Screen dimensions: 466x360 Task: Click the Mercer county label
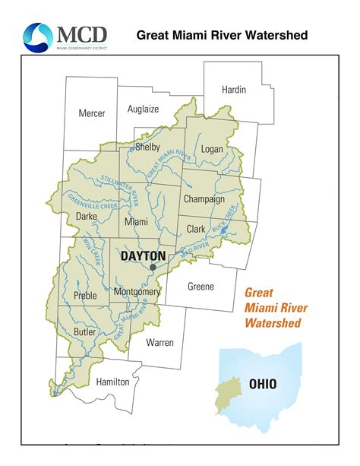[92, 113]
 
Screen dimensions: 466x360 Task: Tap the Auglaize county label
[143, 109]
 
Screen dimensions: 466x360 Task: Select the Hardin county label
[234, 90]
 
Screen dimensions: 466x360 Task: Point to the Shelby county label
[147, 147]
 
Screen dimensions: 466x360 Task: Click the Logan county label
[212, 149]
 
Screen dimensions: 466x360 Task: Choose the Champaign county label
[204, 199]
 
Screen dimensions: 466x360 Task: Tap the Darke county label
[87, 217]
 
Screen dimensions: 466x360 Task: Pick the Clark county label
[197, 228]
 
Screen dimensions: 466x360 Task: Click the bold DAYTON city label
[144, 256]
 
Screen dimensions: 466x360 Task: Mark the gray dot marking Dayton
[153, 268]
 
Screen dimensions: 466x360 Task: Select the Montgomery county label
[136, 291]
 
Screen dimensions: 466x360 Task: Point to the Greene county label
[201, 287]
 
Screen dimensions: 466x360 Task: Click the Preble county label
[86, 295]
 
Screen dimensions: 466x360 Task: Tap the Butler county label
[85, 331]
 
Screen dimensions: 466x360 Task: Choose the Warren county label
[160, 342]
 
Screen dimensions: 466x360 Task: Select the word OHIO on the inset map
[263, 384]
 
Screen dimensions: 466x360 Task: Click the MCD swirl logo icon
[37, 36]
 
